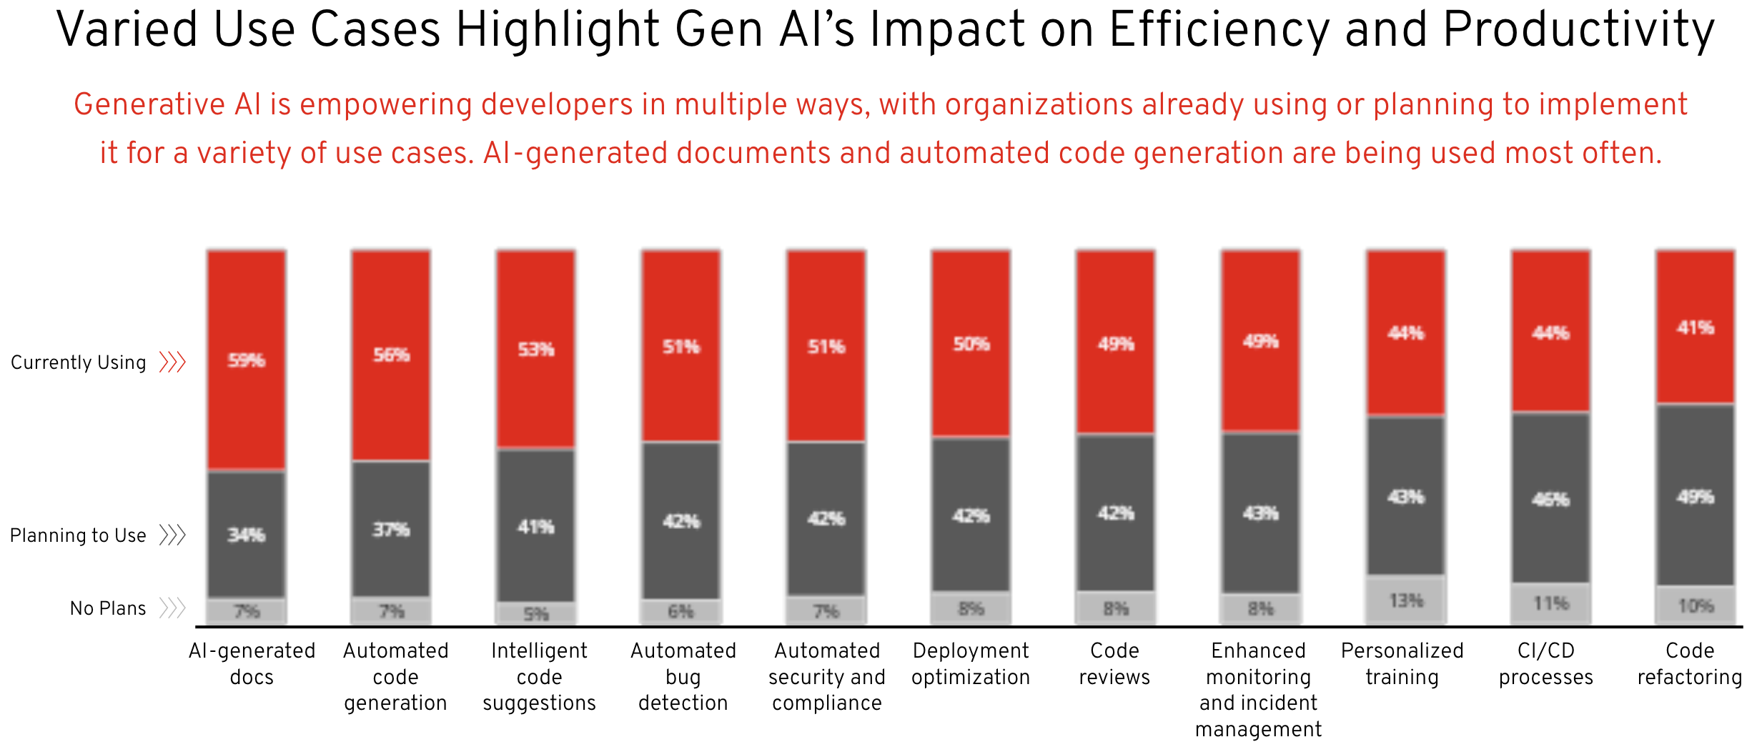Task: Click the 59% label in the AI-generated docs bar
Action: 247,360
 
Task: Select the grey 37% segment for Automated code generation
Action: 391,530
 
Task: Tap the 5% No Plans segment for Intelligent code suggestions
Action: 536,613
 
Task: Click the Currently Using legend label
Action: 79,362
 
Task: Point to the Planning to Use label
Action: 78,535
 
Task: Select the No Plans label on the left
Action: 108,608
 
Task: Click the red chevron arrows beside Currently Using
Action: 172,362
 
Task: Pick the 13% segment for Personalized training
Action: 1406,600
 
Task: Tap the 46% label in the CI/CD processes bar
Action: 1550,499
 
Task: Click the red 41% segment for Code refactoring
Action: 1696,327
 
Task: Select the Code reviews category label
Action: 1114,663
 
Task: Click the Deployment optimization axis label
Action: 971,663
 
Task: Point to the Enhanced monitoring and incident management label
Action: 1258,689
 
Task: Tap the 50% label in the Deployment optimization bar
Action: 971,345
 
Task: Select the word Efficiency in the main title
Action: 1219,30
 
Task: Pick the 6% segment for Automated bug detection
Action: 680,611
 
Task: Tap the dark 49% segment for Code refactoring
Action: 1696,496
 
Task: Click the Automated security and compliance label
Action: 827,676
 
